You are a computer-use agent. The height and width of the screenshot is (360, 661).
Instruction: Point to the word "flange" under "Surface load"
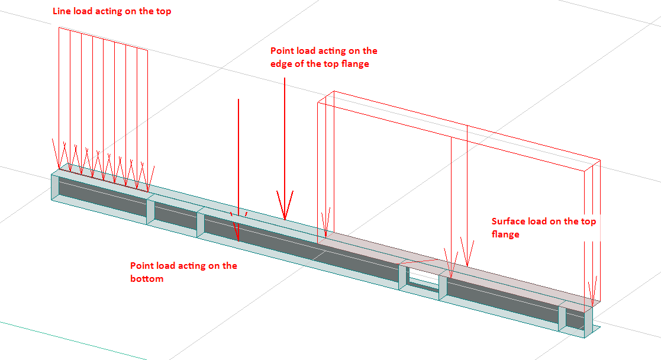click(505, 234)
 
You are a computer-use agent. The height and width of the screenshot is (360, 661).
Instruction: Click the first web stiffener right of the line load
click(150, 212)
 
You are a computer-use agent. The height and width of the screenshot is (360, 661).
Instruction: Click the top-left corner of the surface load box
click(318, 101)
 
